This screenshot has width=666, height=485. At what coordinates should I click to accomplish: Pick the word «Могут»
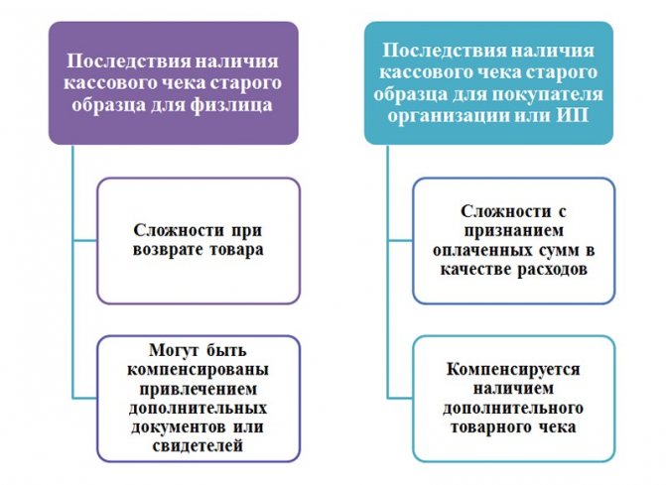pos(174,350)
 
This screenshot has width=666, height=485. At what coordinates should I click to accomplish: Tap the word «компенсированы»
pos(198,370)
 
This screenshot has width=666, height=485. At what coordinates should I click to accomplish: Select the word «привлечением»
pos(198,390)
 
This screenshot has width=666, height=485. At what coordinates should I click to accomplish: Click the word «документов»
pos(178,426)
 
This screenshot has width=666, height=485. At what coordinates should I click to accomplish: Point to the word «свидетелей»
pos(198,445)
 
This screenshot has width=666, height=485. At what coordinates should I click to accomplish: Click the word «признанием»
pos(513,231)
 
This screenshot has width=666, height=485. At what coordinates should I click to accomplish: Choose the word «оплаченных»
pos(482,250)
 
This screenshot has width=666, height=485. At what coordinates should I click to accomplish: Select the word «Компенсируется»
pos(513,370)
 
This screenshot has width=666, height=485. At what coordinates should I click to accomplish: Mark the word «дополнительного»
pos(513,409)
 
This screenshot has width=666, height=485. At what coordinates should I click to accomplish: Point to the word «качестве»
pos(475,270)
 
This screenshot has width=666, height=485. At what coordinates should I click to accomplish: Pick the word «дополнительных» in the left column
pos(198,409)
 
